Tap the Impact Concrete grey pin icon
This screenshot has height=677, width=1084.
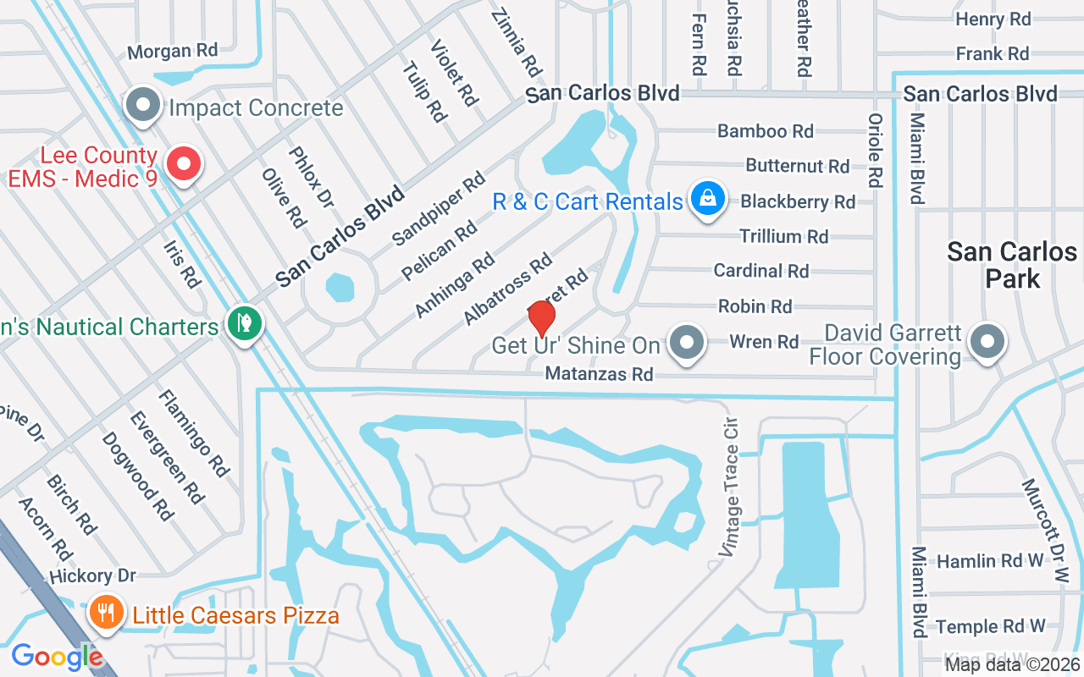coord(143,105)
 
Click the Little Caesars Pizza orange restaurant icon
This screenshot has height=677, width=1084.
coord(106,612)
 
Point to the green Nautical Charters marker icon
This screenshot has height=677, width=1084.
coord(244,324)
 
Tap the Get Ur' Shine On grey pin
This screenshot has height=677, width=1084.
coord(687,344)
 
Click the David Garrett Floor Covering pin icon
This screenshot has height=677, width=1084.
coord(986,343)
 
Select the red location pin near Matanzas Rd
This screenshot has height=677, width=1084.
coord(541,319)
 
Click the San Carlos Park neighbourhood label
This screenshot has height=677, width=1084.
coord(1012,264)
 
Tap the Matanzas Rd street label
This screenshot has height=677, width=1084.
coord(600,373)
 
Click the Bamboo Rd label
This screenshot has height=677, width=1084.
coord(765,131)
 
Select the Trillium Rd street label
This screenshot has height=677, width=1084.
coord(783,236)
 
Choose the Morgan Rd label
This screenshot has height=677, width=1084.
coord(172,51)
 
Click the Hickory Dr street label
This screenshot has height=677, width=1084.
coord(93,576)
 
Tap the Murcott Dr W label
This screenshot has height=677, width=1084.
coord(1045,531)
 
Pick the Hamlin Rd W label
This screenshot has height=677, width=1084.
coord(990,561)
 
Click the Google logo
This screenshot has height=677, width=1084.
coord(57,656)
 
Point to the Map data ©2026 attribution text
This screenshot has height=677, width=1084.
coord(1011,664)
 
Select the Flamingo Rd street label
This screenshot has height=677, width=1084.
coord(194,432)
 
